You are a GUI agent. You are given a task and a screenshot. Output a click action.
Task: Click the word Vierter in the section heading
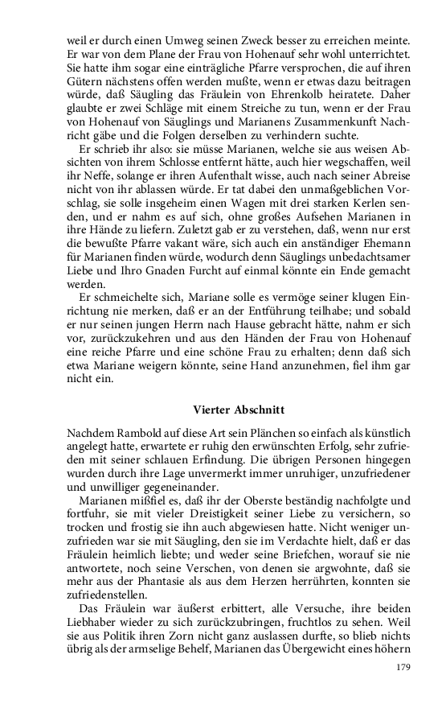[215, 410]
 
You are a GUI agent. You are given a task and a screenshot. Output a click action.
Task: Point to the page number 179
[403, 666]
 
